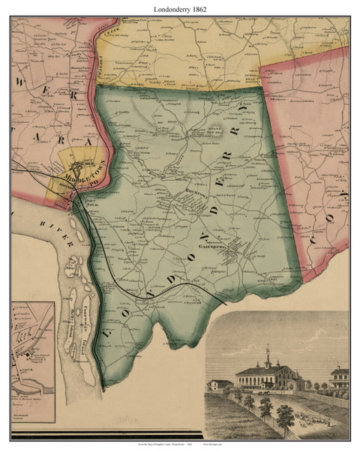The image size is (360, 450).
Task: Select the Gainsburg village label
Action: click(x=214, y=244)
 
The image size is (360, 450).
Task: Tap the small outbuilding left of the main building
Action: click(x=220, y=384)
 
